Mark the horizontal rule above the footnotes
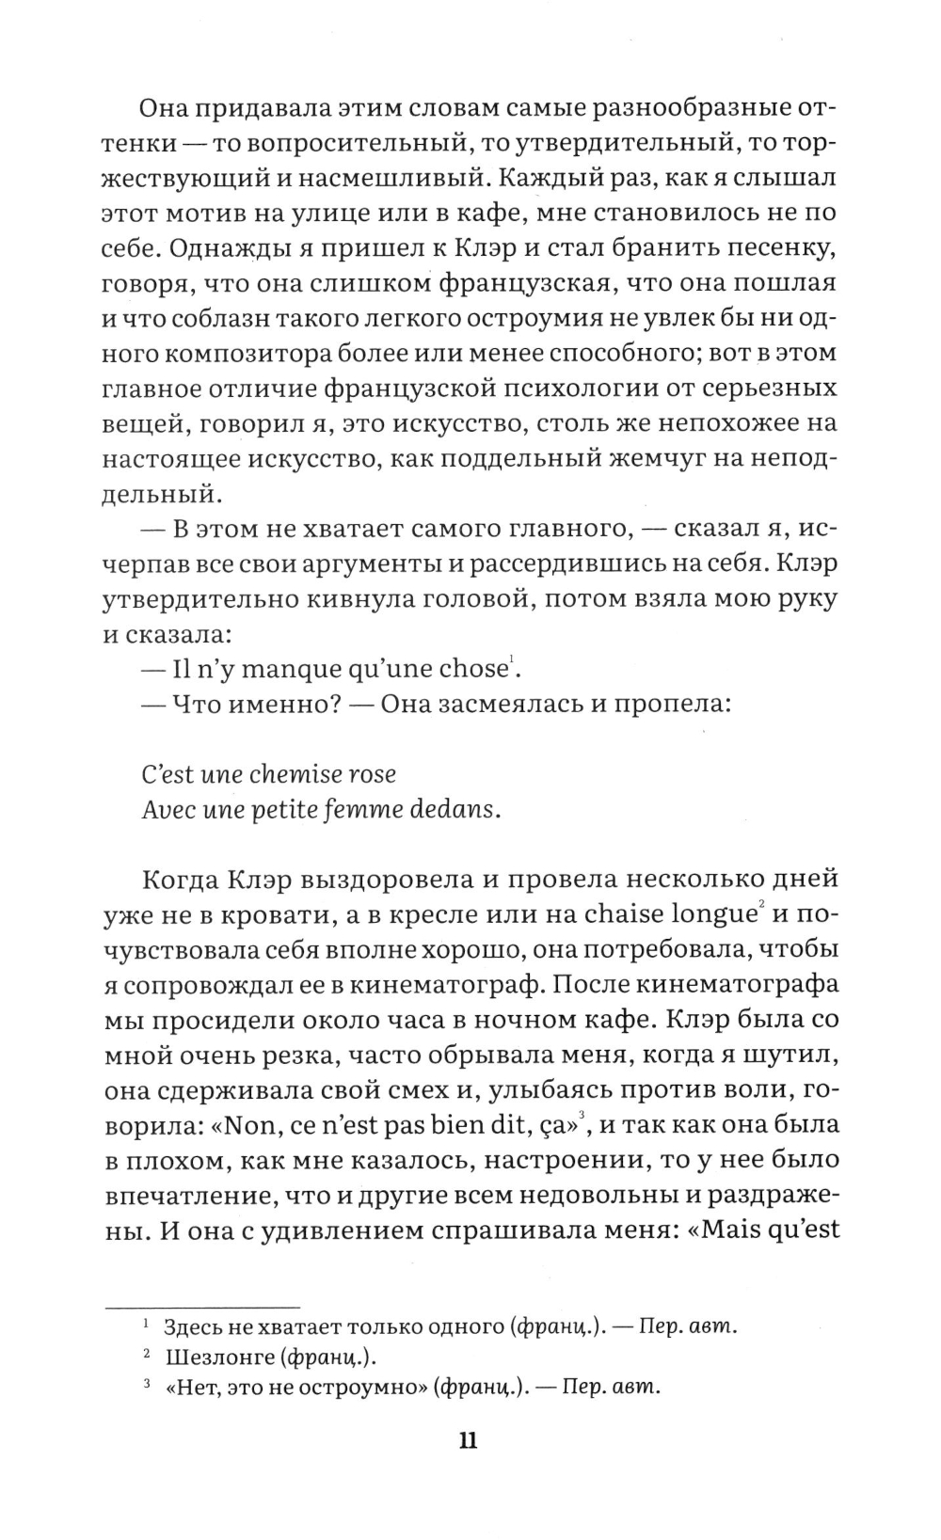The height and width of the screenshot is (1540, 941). click(x=199, y=1307)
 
